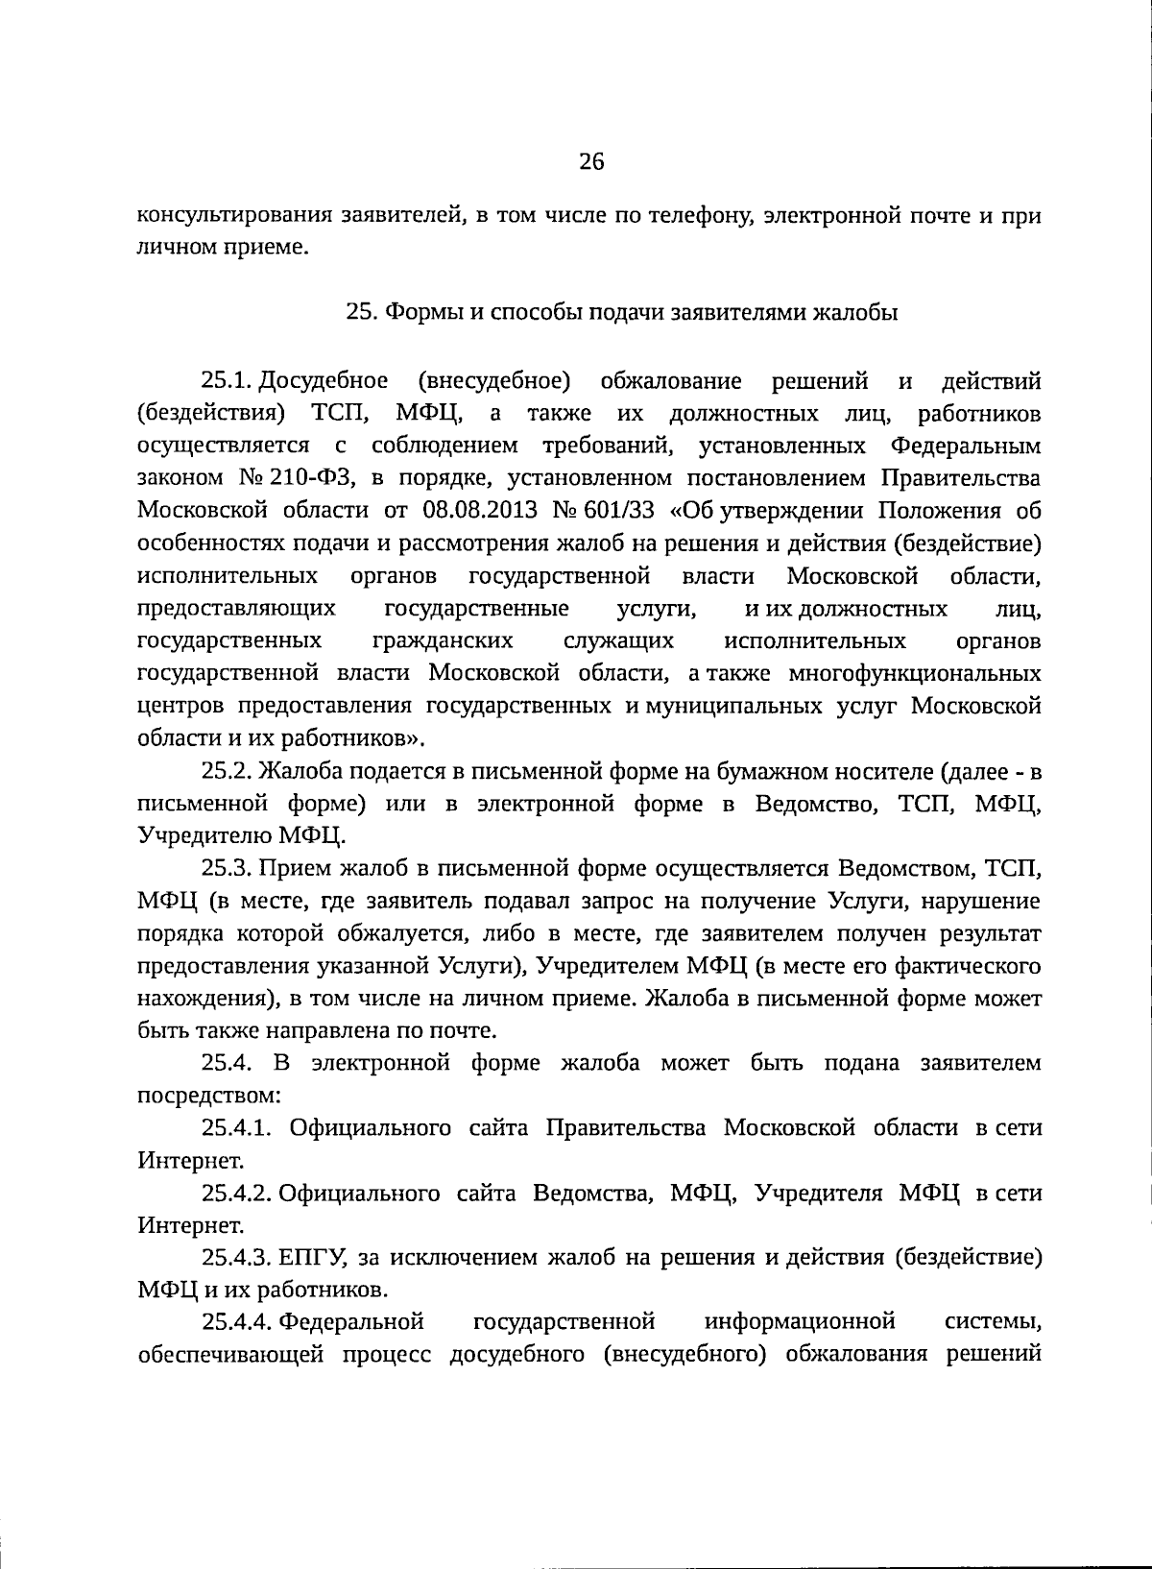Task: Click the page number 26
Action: pos(591,162)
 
